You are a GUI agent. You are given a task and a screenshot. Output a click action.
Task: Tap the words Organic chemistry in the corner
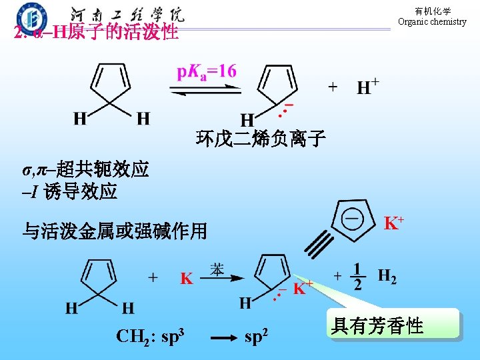point(432,21)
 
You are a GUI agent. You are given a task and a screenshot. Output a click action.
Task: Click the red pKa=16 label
point(206,71)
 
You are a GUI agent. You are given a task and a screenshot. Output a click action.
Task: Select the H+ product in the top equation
point(368,87)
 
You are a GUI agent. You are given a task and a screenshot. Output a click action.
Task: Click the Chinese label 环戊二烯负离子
point(261,139)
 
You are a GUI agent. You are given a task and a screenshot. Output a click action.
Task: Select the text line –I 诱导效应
point(69,193)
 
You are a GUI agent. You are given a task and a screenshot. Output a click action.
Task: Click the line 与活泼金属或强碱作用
point(115,231)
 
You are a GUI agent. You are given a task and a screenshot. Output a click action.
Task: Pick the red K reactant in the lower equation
point(187,278)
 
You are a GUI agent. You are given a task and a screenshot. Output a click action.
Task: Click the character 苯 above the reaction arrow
point(217,269)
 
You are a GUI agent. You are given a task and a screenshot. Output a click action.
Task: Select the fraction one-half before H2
point(358,277)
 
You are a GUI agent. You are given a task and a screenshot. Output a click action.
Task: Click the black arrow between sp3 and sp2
point(221,339)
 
